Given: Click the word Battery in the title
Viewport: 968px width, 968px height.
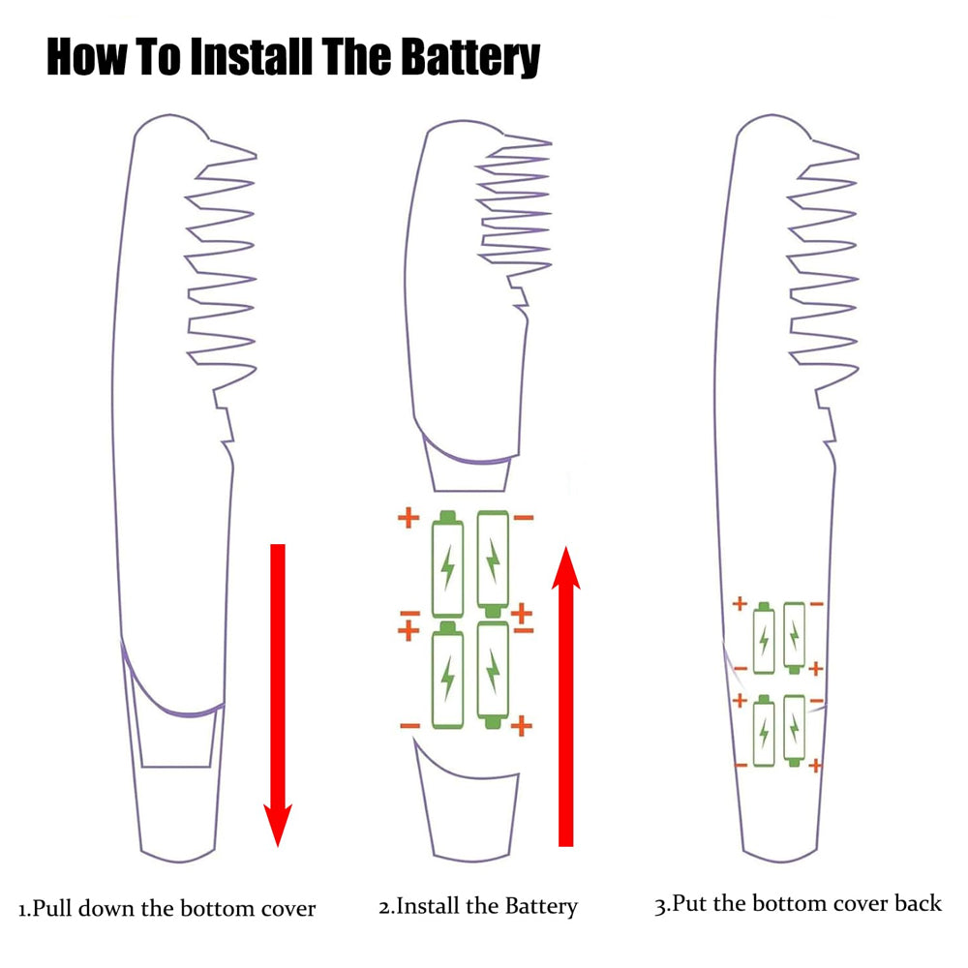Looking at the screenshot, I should point(470,57).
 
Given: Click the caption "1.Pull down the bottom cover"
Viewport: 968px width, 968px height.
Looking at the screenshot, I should point(167,909).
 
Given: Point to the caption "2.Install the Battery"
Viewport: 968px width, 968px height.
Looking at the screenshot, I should point(477,907).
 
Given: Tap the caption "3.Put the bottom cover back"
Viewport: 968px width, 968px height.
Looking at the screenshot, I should point(798,904).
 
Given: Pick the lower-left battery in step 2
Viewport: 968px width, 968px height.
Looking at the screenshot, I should point(447,677).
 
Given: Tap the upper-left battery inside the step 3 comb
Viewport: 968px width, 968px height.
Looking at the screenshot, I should point(764,639).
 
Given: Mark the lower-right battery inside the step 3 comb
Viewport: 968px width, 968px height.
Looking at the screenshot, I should point(795,731).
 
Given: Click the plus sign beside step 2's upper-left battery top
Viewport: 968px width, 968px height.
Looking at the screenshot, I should point(408,518).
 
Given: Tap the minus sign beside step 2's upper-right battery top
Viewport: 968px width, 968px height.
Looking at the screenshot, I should point(524,519).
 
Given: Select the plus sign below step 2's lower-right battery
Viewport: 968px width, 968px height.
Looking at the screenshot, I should point(522,725).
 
